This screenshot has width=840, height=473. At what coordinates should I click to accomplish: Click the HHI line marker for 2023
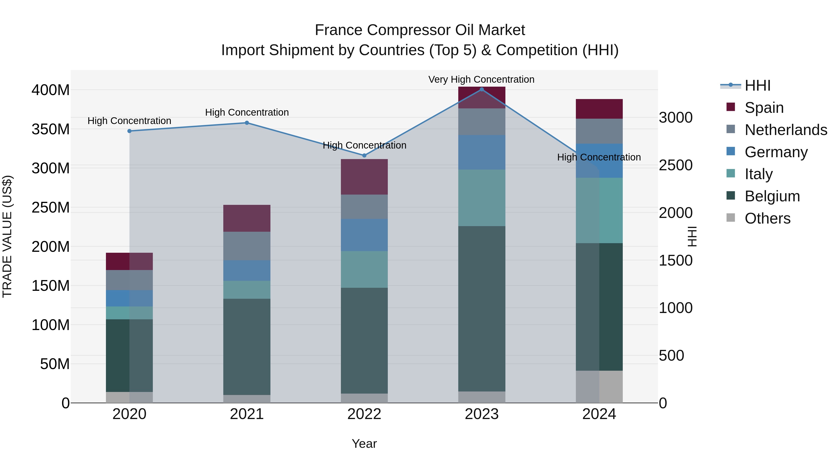pos(482,89)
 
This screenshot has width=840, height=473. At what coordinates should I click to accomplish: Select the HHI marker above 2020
pos(129,131)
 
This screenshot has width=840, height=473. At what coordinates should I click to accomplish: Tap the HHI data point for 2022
pos(364,155)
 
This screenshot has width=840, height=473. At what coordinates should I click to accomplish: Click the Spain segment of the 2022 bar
pos(364,177)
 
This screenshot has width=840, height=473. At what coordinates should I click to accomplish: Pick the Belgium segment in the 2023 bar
pos(482,309)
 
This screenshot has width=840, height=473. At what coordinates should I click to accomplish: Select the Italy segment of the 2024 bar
pos(599,210)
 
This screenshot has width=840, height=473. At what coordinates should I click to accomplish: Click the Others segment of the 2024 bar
pos(599,387)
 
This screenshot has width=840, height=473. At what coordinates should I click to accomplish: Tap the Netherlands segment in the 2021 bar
pos(247,246)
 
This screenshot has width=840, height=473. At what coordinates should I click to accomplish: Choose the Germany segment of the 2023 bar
pos(482,152)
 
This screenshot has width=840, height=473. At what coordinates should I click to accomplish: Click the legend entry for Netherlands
pos(786,130)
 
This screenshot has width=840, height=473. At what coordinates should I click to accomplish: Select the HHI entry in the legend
pos(757,85)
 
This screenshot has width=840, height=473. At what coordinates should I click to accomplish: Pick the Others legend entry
pos(767,218)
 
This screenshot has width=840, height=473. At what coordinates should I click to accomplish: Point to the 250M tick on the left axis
pos(51,208)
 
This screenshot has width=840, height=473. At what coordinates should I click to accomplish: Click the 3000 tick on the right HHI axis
pos(675,117)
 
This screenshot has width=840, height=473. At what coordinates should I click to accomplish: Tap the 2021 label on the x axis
pos(247,414)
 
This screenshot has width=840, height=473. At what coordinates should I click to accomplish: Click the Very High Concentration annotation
pos(481,79)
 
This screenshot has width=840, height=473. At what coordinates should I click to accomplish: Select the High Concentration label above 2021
pos(247,112)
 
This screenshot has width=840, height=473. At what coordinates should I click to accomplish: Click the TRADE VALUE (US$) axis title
pos(7,236)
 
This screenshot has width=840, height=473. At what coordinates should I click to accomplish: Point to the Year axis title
pos(364,444)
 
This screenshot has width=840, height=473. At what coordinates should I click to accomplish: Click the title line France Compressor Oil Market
pos(420,30)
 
